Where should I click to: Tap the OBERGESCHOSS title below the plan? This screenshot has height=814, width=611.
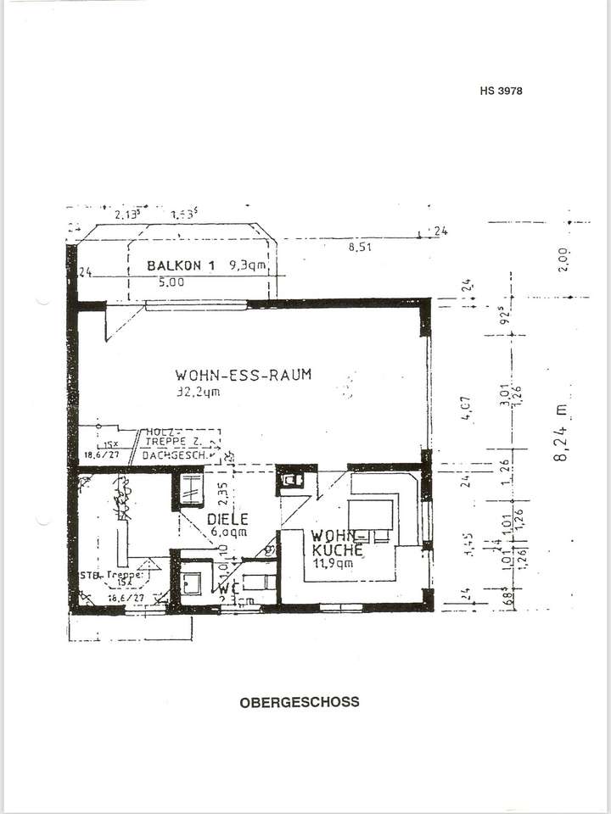[x=300, y=702]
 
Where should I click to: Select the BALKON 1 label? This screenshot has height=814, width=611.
[x=180, y=265]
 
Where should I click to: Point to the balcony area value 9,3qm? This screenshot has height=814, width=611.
[x=247, y=265]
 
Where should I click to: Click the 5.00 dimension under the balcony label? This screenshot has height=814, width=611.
[x=171, y=283]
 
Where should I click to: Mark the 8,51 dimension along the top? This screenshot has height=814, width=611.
[x=360, y=248]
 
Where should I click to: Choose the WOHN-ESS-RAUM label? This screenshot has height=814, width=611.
[x=244, y=374]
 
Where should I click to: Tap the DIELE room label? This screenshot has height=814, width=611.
[x=227, y=518]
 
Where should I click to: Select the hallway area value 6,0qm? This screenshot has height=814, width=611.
[x=228, y=532]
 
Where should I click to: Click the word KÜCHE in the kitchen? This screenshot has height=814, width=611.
[x=338, y=549]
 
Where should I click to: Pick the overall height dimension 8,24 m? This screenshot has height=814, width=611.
[x=561, y=433]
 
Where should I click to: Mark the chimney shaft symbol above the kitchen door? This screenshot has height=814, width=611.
[x=292, y=480]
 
